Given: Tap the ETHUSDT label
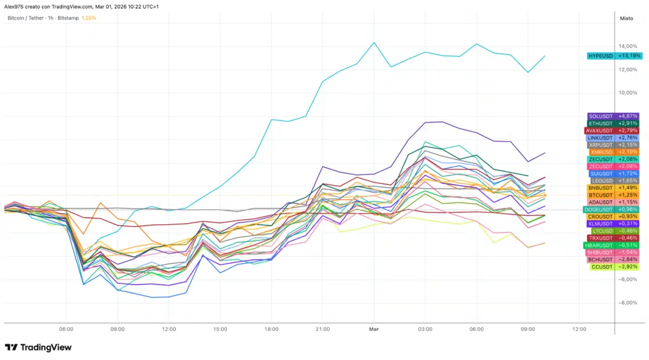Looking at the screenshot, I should coord(600,123).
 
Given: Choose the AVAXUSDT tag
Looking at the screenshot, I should coord(600,131).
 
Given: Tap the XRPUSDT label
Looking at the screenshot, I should coord(601,145).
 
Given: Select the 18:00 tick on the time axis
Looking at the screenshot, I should coord(271,329).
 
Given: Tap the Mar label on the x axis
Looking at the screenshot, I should coord(374,329).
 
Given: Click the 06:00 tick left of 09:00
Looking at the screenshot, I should coord(66,329).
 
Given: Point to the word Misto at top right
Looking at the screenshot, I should coord(626,18).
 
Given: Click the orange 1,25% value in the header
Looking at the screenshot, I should coord(89,18).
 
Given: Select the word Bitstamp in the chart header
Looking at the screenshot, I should coord(68,18).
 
